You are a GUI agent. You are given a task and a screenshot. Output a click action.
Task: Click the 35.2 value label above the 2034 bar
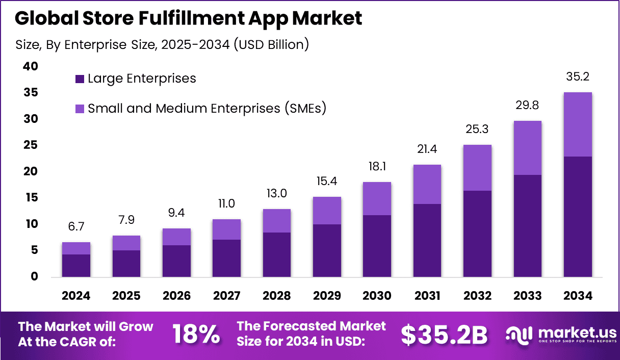click(x=577, y=77)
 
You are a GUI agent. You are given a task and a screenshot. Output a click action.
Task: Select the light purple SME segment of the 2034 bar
click(x=578, y=124)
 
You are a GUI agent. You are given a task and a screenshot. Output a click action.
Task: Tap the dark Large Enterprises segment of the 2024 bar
click(x=76, y=265)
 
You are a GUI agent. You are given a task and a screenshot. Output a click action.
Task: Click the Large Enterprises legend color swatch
click(x=80, y=79)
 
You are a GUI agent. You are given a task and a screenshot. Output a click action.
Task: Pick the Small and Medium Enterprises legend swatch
click(x=80, y=109)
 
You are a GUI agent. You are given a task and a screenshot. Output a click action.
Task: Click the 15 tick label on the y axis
click(x=31, y=197)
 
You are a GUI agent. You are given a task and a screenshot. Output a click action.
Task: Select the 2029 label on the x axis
click(x=327, y=296)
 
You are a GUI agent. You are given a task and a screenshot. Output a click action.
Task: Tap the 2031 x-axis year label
click(x=427, y=296)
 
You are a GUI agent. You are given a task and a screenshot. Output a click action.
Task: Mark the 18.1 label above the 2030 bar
click(x=377, y=167)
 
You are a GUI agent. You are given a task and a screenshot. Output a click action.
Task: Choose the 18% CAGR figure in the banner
click(x=196, y=335)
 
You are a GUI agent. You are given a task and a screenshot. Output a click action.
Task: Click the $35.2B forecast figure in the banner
click(x=444, y=335)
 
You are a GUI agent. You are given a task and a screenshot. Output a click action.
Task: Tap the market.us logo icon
click(x=519, y=335)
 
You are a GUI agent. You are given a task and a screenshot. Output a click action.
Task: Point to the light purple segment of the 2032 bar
click(x=477, y=168)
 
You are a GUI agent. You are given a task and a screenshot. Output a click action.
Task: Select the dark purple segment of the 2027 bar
click(x=226, y=258)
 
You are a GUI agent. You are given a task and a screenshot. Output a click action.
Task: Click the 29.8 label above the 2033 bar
click(x=527, y=106)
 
